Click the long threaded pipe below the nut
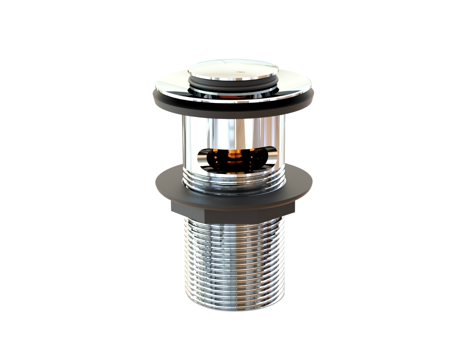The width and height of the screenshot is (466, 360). (x=233, y=260)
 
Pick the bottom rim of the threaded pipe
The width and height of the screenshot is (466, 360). (x=233, y=308)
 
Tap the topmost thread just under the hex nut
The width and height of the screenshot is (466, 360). (x=233, y=223)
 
